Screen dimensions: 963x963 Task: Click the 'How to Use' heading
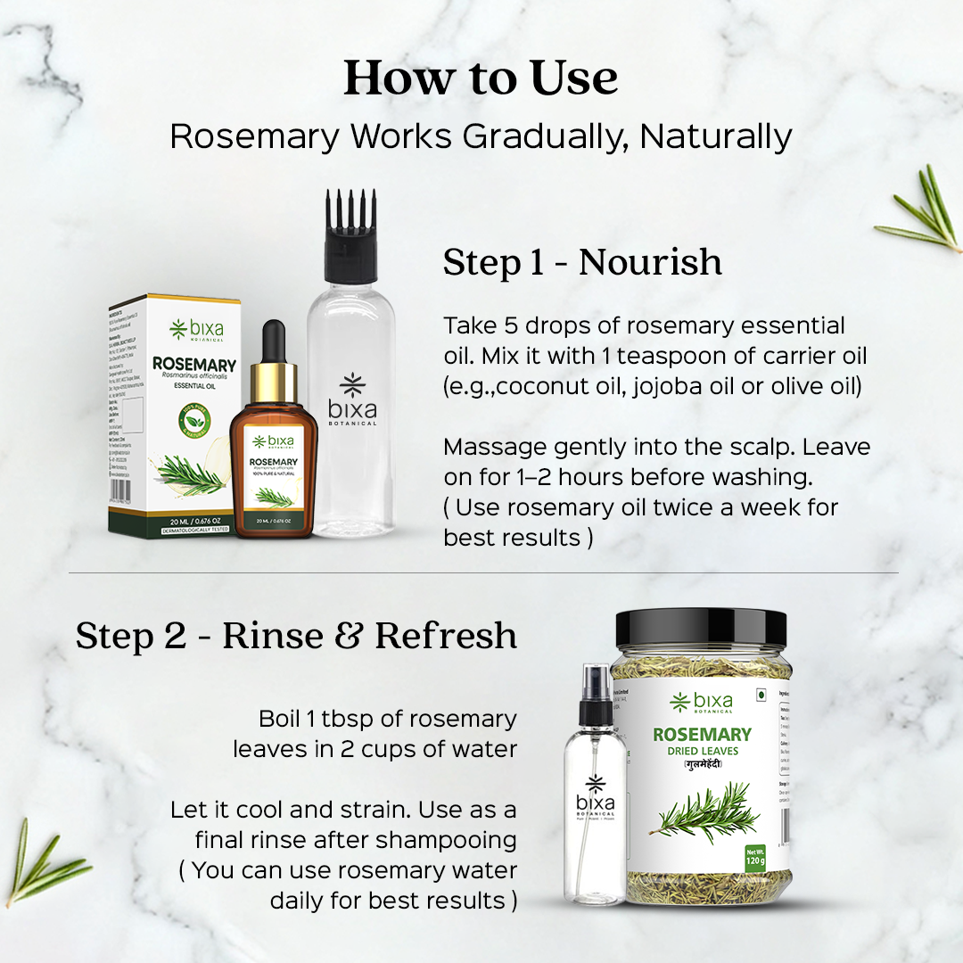tap(481, 78)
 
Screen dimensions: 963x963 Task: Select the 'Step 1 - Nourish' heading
tap(582, 263)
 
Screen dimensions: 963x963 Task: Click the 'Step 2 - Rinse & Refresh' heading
tap(296, 636)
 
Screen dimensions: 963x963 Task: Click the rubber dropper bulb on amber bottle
tap(274, 342)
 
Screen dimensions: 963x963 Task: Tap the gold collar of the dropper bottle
tap(274, 383)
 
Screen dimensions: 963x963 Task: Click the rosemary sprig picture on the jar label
tap(701, 812)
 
